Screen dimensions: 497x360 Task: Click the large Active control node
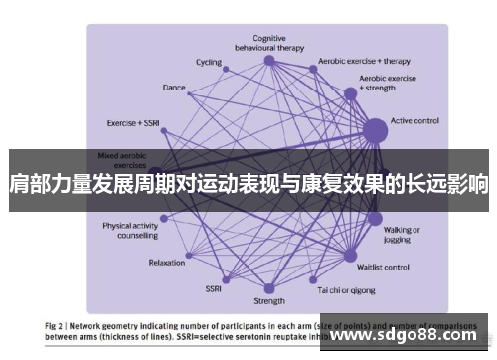click(374, 129)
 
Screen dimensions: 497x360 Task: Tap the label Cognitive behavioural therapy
click(268, 42)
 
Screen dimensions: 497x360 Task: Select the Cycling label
click(209, 62)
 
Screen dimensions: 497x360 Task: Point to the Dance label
click(174, 88)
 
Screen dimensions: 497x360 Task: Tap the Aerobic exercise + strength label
click(387, 83)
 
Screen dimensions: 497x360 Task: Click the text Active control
click(415, 121)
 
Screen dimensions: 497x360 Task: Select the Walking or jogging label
click(403, 234)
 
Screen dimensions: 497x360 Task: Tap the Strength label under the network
click(268, 300)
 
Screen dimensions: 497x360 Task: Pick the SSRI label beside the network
click(214, 289)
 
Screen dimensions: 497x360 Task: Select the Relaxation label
click(166, 263)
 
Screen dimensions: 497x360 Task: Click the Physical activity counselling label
click(131, 231)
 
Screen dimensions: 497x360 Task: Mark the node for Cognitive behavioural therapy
click(268, 61)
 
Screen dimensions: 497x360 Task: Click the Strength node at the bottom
click(268, 283)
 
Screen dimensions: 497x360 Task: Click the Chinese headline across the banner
click(248, 184)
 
